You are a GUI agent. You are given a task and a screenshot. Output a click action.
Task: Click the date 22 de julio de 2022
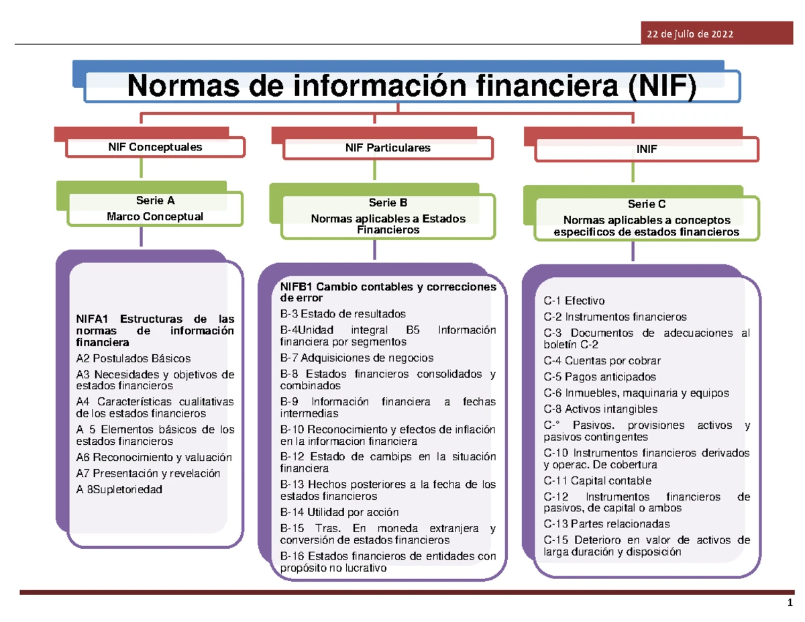click(x=689, y=34)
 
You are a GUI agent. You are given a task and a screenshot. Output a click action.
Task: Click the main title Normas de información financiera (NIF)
click(x=413, y=86)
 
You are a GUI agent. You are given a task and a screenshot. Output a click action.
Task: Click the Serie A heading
click(x=155, y=200)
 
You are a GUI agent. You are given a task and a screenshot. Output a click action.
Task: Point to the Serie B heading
click(x=388, y=202)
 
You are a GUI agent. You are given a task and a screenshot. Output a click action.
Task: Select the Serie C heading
click(x=647, y=204)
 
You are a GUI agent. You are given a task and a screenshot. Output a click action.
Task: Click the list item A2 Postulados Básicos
click(x=133, y=358)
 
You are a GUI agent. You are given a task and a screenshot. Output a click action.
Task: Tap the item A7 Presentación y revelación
click(x=148, y=473)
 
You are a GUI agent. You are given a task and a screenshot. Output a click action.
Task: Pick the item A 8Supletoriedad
click(x=119, y=489)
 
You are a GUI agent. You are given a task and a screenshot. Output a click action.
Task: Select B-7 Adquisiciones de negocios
click(x=356, y=358)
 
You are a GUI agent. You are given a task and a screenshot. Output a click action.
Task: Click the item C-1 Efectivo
click(x=574, y=301)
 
